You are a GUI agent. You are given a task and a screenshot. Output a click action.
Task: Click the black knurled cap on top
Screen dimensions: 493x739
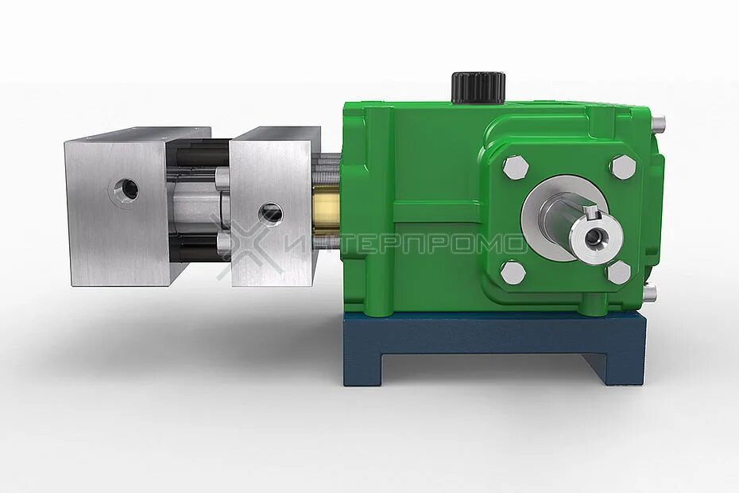pyautogui.click(x=478, y=87)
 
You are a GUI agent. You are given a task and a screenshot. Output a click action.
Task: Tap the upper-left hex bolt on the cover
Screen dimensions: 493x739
pyautogui.click(x=514, y=167)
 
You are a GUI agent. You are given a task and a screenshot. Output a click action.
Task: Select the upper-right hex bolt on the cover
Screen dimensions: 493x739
pyautogui.click(x=622, y=167)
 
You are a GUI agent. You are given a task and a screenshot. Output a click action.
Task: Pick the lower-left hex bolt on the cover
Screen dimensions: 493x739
pyautogui.click(x=513, y=272)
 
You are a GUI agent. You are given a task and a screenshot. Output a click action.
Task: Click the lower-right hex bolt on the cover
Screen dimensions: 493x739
pyautogui.click(x=618, y=272)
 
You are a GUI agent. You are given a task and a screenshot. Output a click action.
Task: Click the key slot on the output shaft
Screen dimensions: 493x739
pyautogui.click(x=589, y=212)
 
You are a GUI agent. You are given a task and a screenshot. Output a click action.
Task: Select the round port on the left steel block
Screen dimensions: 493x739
pyautogui.click(x=126, y=190)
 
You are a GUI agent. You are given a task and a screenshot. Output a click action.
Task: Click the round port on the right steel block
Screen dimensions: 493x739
pyautogui.click(x=270, y=213)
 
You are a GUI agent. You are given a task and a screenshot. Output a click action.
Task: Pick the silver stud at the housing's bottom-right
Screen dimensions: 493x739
pyautogui.click(x=650, y=293)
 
